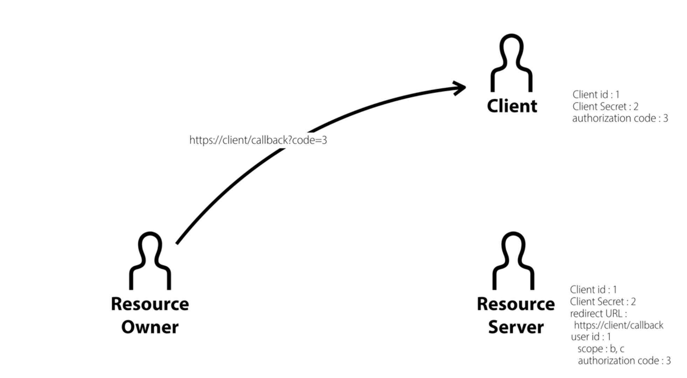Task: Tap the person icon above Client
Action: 512,63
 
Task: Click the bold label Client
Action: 512,106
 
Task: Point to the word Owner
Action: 150,327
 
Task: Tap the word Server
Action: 516,327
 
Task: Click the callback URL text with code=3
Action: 258,140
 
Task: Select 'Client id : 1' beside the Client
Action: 596,94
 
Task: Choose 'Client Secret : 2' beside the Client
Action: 605,106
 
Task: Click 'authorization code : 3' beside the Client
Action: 620,118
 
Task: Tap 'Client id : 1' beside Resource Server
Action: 593,290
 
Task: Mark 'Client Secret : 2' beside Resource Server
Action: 603,302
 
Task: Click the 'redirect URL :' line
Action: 598,313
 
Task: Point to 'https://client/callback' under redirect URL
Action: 618,325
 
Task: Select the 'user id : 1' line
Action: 591,337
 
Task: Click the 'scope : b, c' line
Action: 601,349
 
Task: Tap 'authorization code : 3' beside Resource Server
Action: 624,361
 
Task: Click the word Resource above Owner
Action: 150,304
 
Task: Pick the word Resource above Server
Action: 516,304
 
